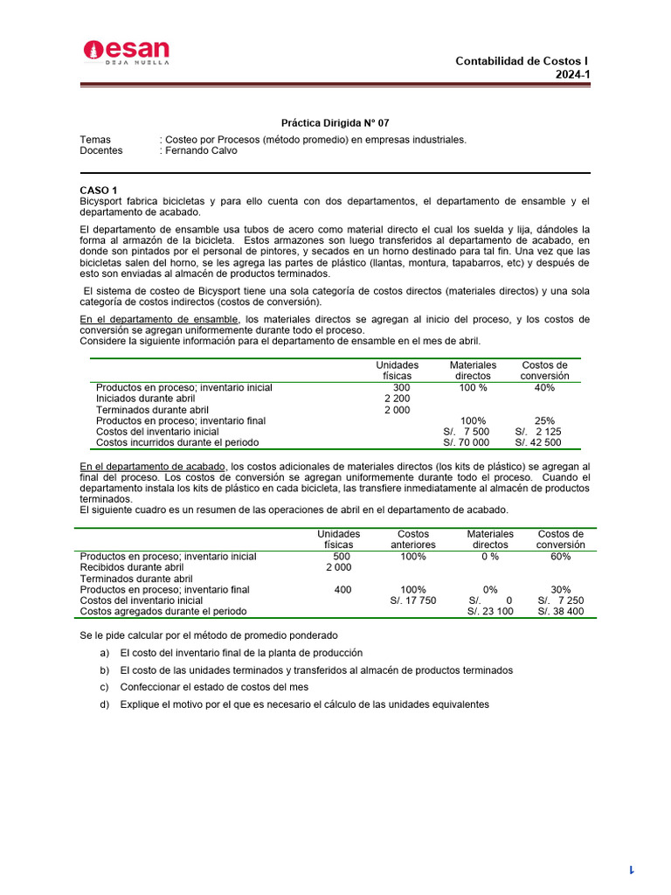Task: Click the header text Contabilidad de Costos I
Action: [x=522, y=61]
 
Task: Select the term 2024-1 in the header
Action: [x=573, y=74]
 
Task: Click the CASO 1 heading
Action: [x=98, y=190]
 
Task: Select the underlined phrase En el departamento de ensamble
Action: [x=159, y=319]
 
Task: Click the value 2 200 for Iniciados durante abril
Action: [x=397, y=399]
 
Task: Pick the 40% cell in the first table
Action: [x=544, y=387]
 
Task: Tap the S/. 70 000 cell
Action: [x=467, y=442]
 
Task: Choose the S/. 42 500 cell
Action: [x=538, y=442]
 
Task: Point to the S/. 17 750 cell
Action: [x=412, y=600]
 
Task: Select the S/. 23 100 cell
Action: [x=490, y=612]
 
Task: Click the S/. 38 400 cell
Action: [x=560, y=612]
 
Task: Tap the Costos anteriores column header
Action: [x=412, y=539]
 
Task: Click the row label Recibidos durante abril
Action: [x=132, y=567]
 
